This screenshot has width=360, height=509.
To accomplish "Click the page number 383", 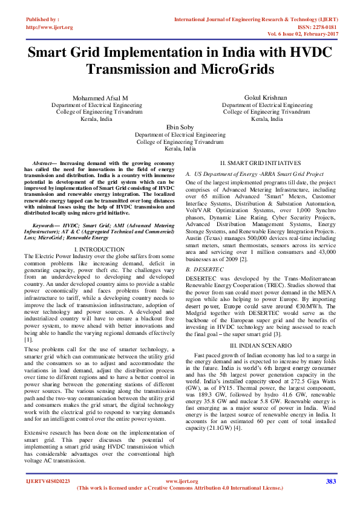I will (330, 481).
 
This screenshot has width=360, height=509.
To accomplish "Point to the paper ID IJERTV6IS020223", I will (48, 481).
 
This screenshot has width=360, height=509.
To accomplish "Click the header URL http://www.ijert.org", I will (50, 27).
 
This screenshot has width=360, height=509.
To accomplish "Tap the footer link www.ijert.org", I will (182, 481).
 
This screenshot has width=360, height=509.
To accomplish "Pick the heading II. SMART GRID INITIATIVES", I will (260, 164).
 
